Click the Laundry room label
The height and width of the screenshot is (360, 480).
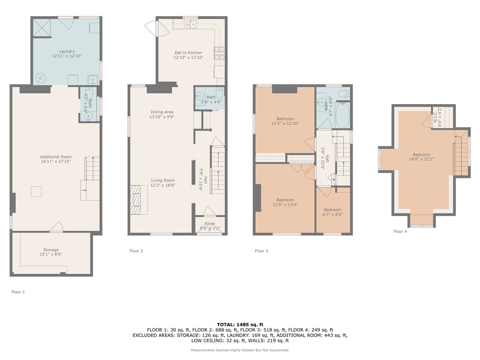coord(67,53)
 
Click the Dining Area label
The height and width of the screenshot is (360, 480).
coord(162,114)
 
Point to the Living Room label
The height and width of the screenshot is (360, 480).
coord(163,183)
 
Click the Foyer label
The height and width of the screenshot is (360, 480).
coord(210,226)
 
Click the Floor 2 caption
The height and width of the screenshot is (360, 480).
coord(136,251)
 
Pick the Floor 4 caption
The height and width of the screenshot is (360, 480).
coord(400,231)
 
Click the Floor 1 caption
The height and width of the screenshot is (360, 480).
coord(18,292)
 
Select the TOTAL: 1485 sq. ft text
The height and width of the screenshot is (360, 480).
coord(240,324)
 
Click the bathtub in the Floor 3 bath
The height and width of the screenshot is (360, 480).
coord(342,115)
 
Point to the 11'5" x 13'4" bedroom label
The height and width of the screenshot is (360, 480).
coord(285,202)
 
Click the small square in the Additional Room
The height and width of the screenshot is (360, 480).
coord(36,191)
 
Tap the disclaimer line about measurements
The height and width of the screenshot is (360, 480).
coord(240,350)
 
